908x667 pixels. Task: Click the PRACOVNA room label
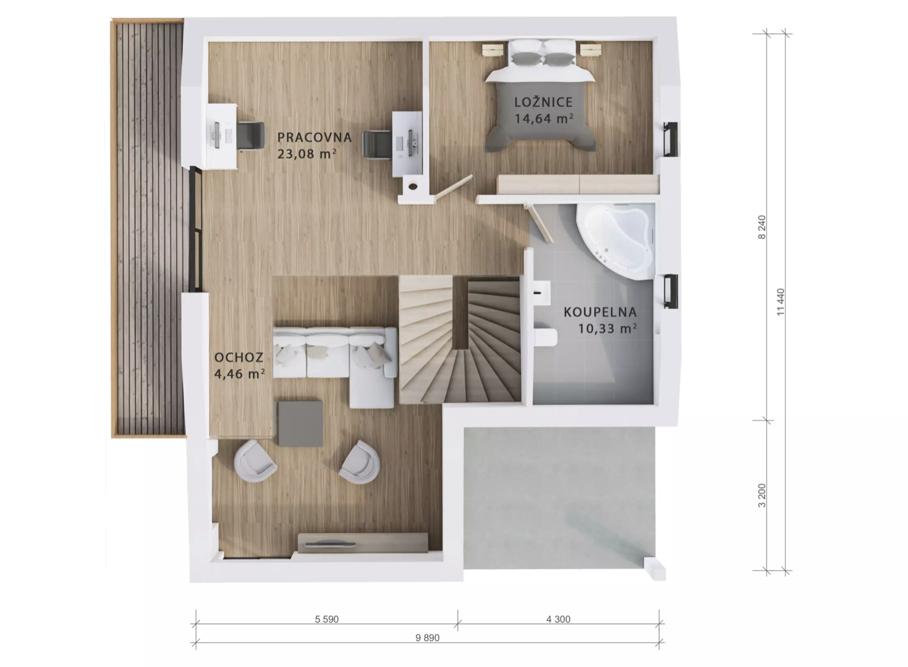[314, 137]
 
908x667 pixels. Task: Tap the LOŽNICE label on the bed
[543, 102]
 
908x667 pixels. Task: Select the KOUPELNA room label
[600, 312]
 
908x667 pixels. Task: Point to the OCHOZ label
[239, 357]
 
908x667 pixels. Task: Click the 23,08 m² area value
[307, 154]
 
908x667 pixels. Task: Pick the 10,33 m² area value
[608, 328]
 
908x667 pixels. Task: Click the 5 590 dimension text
[327, 619]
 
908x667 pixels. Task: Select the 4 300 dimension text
[558, 619]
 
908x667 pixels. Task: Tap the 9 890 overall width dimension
[427, 638]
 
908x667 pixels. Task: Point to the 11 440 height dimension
[781, 302]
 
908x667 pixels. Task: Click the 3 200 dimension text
[762, 496]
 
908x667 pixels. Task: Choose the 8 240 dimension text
[762, 227]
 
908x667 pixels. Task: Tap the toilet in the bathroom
[545, 336]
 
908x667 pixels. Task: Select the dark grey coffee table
[300, 424]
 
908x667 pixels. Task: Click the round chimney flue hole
[413, 186]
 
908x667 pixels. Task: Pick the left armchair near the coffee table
[255, 460]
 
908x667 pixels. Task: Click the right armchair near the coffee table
[360, 462]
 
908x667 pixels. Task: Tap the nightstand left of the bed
[493, 50]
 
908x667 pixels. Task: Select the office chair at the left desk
[250, 136]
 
